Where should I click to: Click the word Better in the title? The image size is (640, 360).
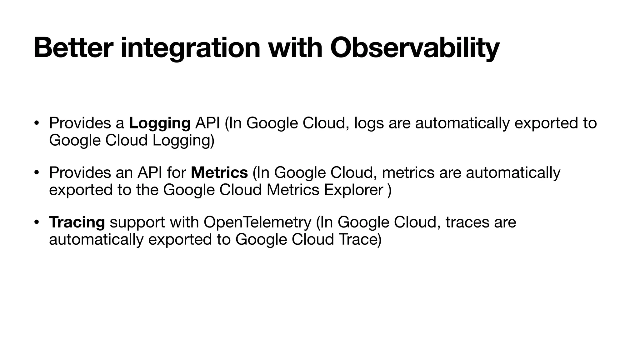coord(72,48)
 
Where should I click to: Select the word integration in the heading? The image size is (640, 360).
coord(190,48)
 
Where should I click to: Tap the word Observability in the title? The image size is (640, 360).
coord(415,48)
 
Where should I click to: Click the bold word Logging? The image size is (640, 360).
coord(160,123)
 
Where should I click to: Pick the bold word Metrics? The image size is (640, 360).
coord(219,172)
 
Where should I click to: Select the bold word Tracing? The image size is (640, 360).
coord(77,222)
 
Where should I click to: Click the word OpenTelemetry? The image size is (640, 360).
coord(257,222)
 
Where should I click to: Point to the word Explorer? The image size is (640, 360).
coord(353,190)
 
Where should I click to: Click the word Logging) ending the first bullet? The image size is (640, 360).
coord(183,140)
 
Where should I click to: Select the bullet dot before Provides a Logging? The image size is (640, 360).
coord(37,122)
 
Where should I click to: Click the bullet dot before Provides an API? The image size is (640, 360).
coord(37,172)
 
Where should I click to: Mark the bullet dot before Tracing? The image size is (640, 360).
coord(37,222)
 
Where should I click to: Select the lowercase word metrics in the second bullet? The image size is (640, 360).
coord(408,172)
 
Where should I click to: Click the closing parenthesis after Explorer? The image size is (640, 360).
coord(389,190)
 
